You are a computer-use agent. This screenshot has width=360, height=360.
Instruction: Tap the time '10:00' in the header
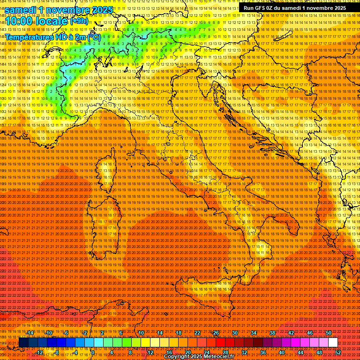tap(21, 21)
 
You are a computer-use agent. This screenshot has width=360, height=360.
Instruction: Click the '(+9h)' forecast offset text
tap(79, 21)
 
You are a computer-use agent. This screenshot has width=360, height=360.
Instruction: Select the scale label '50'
tap(329, 332)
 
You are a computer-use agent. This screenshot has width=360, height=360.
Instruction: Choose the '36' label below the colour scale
tap(263, 352)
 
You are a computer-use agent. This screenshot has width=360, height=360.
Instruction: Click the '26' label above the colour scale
tap(216, 332)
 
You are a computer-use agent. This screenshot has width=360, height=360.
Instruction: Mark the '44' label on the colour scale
tap(300, 352)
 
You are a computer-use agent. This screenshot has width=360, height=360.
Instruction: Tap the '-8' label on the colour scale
tap(57, 352)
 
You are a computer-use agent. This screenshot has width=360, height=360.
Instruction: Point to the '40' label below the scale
tap(282, 352)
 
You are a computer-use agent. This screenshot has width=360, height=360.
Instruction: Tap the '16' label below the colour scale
tap(169, 352)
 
